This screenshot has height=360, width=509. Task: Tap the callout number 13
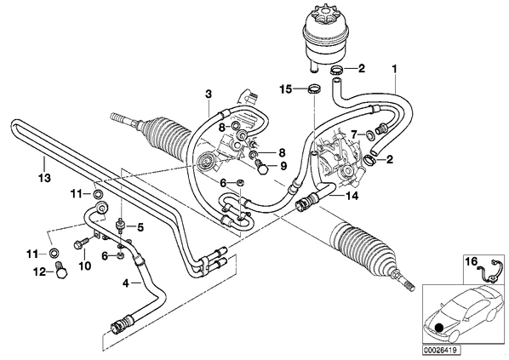pyautogui.click(x=44, y=178)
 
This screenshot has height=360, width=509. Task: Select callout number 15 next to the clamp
pyautogui.click(x=286, y=89)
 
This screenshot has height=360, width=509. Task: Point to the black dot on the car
pyautogui.click(x=439, y=328)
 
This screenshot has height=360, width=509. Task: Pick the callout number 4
pyautogui.click(x=126, y=283)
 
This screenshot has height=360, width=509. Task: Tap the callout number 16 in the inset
pyautogui.click(x=472, y=261)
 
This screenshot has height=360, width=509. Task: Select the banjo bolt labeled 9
pyautogui.click(x=262, y=166)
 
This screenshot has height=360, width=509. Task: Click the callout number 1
pyautogui.click(x=395, y=69)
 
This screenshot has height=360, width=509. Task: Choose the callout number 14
pyautogui.click(x=352, y=196)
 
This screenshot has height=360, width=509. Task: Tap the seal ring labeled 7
pyautogui.click(x=369, y=134)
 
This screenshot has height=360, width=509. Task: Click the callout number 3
pyautogui.click(x=209, y=94)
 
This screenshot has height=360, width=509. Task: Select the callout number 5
pyautogui.click(x=140, y=227)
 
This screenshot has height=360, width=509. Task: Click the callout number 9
pyautogui.click(x=283, y=166)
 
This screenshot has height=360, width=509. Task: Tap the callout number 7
pyautogui.click(x=354, y=134)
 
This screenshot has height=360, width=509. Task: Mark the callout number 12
pyautogui.click(x=40, y=271)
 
